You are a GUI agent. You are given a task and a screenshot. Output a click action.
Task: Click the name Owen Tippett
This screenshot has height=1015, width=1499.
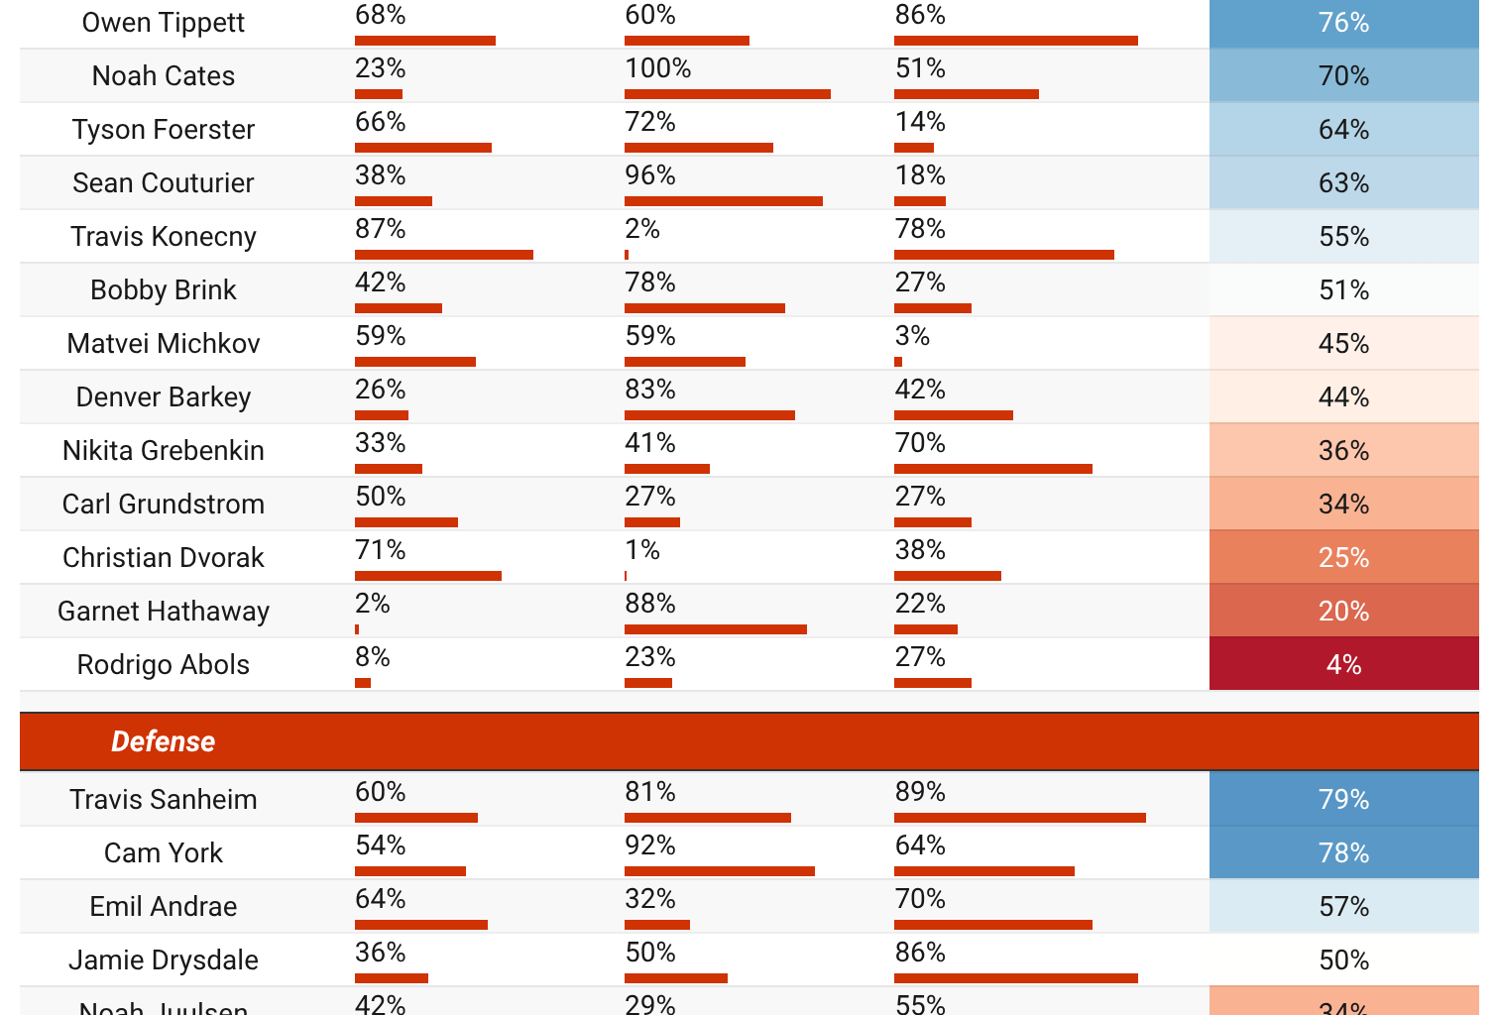coord(163,23)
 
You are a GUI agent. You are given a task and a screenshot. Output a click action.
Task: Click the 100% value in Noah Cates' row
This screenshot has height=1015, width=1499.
coord(657,68)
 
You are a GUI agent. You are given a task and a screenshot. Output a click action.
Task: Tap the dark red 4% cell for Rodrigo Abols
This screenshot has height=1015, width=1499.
coord(1343,664)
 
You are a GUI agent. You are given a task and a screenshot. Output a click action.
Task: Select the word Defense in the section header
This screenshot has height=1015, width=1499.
coord(163,741)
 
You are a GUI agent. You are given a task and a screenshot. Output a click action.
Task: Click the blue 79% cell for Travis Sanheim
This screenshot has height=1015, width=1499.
coord(1343,799)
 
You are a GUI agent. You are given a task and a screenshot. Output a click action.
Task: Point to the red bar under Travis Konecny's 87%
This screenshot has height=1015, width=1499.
coord(443,255)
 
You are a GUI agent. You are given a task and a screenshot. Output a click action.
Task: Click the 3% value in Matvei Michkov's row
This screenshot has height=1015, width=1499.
coord(912,336)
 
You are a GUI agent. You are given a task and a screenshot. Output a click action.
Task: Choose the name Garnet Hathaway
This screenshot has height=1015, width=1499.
coord(163,611)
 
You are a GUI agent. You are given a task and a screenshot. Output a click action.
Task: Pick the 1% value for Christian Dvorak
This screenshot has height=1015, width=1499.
coord(641,550)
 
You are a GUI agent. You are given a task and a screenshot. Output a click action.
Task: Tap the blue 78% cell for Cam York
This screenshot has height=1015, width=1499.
coord(1343,852)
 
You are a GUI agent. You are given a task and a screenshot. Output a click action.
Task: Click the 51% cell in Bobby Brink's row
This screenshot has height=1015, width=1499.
coord(1343,289)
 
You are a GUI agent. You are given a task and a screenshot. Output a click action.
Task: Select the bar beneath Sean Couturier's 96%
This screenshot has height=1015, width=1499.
coord(723,201)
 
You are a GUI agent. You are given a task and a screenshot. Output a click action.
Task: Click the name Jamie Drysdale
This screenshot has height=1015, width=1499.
coord(163,959)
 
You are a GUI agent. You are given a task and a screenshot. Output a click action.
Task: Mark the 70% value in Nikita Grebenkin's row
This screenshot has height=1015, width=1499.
coord(920,443)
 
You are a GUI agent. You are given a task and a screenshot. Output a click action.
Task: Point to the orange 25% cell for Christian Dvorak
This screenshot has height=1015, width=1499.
coord(1343,557)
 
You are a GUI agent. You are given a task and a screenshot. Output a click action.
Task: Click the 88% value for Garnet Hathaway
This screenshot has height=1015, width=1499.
coord(649,604)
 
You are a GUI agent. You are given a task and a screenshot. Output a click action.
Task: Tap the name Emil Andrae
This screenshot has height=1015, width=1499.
coord(163,906)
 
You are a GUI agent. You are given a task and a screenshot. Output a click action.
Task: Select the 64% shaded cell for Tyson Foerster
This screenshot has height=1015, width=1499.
coord(1343,129)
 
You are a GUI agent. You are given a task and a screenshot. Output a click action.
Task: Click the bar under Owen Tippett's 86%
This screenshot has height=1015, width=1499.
coord(1015,41)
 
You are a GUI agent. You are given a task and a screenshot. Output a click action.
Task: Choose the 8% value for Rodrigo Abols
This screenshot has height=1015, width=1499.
coord(372,657)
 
